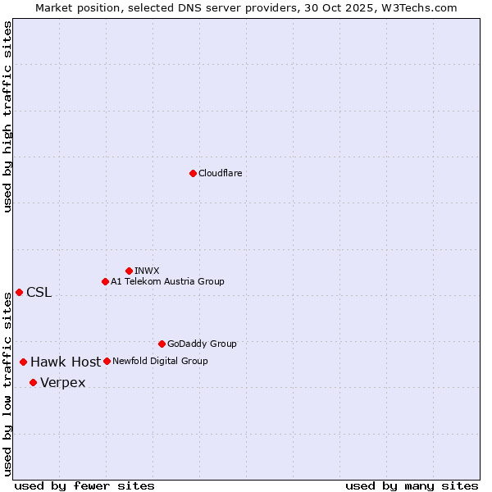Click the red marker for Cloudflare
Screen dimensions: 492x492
click(193, 173)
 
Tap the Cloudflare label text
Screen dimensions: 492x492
click(220, 174)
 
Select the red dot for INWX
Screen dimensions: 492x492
click(129, 271)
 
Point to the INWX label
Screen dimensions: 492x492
click(147, 271)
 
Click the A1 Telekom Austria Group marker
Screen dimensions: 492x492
click(105, 281)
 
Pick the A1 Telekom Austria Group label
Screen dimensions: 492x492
click(167, 282)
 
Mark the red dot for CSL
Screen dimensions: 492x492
click(19, 292)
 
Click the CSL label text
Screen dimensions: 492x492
click(39, 293)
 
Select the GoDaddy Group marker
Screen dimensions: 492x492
click(162, 344)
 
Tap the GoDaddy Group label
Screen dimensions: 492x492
click(202, 344)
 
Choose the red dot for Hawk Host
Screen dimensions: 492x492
click(23, 362)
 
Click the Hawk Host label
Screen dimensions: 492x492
click(66, 362)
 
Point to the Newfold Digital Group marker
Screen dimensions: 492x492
click(107, 361)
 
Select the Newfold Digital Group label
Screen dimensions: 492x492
click(160, 362)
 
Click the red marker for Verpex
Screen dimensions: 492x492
click(33, 382)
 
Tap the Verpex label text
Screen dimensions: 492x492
click(62, 383)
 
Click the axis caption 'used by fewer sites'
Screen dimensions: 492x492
click(84, 486)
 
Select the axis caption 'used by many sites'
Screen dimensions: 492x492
click(412, 486)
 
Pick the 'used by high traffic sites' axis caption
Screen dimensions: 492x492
click(7, 117)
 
